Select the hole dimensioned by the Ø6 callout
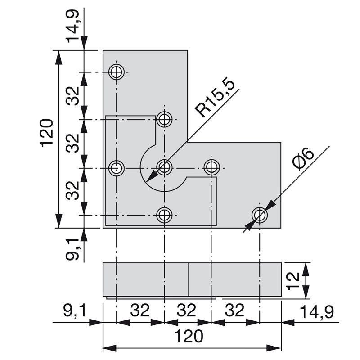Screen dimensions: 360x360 pos(260,216)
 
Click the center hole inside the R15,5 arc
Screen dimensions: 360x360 pos(165,168)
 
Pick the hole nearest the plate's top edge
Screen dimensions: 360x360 pos(117,72)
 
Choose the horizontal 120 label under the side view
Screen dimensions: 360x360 pos(189,336)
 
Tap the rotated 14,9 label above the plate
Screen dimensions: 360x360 pos(75,27)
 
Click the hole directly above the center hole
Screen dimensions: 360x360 pos(165,119)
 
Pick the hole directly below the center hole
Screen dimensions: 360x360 pos(165,215)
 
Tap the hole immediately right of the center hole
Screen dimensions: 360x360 pos(211,168)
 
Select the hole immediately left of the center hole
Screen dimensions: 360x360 pos(117,168)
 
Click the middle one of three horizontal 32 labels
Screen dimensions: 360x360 pos(186,311)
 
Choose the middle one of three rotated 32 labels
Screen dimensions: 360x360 pos(74,144)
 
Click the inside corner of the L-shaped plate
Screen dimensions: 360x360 pos(188,143)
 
